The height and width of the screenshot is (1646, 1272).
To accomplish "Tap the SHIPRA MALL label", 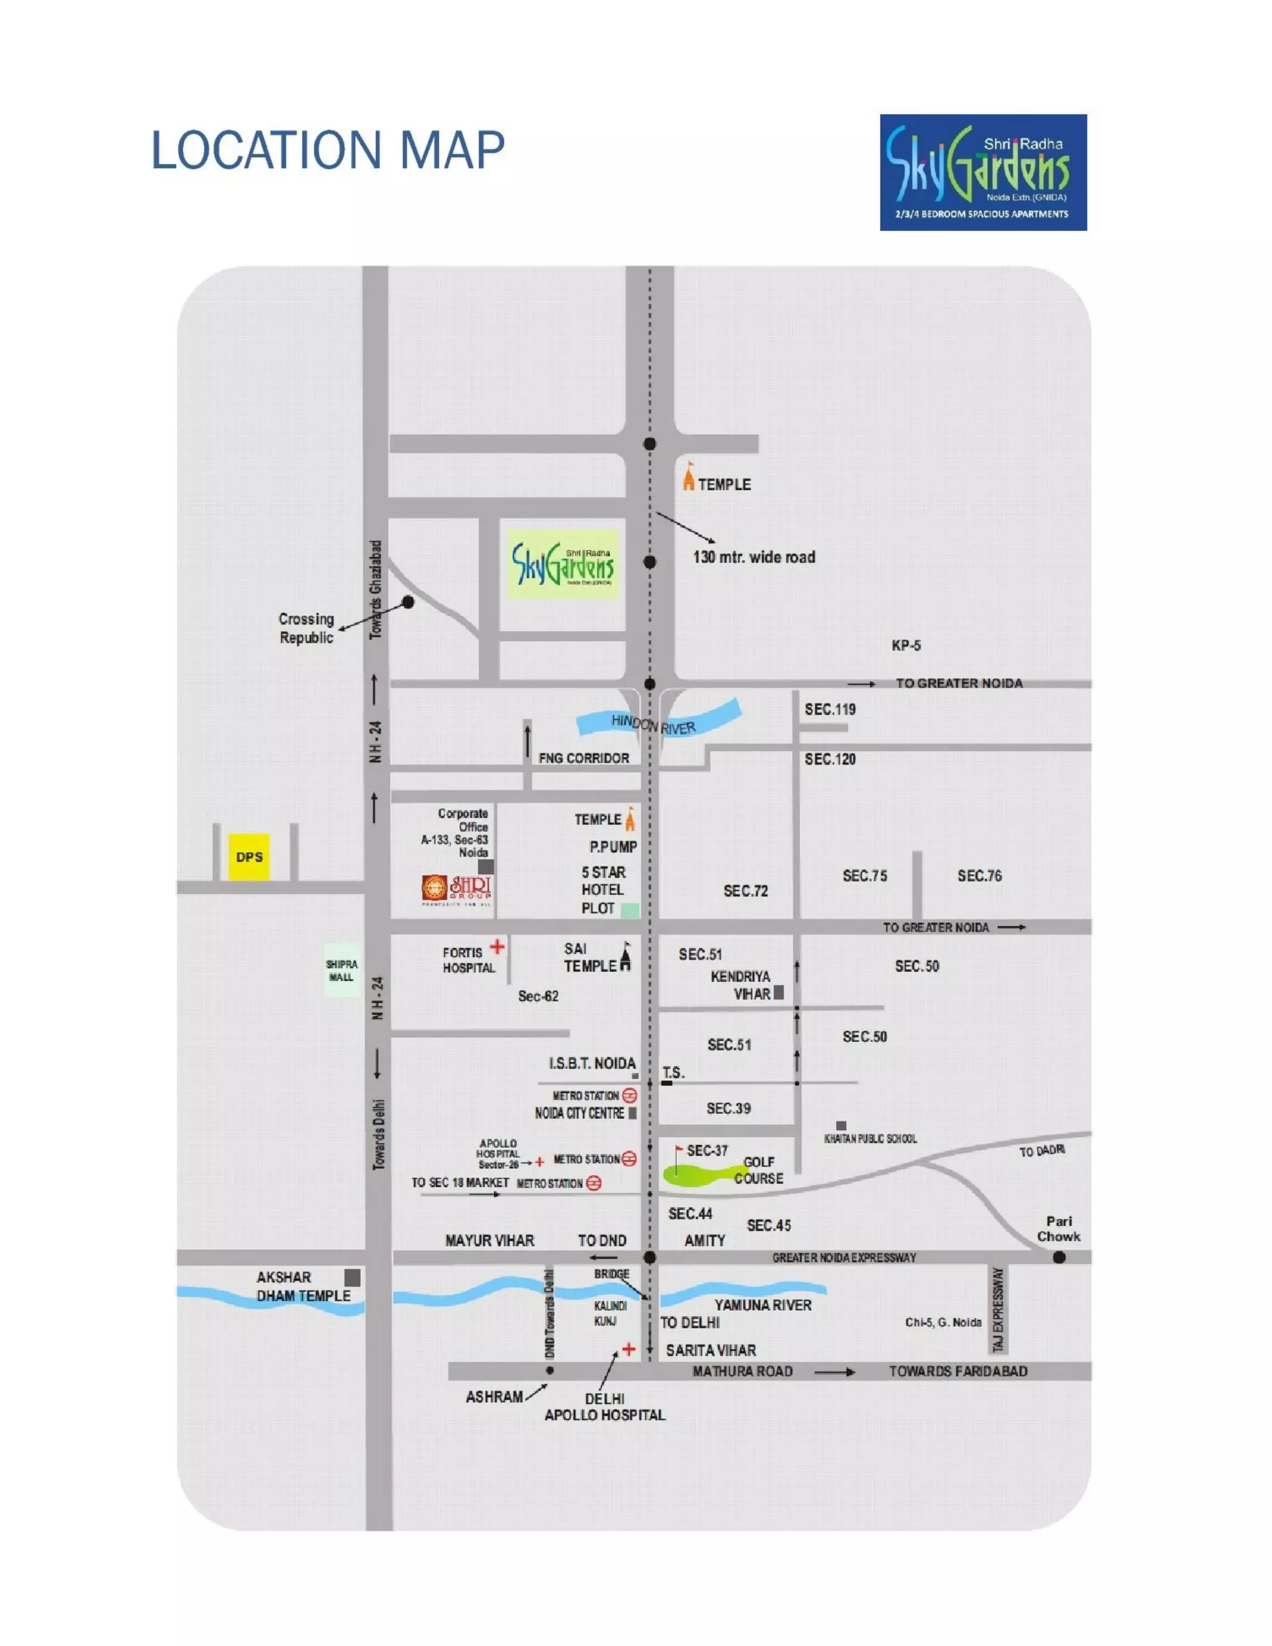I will coord(342,970).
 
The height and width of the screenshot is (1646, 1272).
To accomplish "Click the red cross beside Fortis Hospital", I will coord(497,946).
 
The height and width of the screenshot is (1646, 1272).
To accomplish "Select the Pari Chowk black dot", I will coord(1059,1257).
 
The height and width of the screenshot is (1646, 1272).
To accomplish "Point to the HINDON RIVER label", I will coord(653,724).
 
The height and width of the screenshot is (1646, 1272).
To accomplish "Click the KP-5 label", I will coord(906,645).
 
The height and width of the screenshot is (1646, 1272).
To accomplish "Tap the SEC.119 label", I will coord(830,709).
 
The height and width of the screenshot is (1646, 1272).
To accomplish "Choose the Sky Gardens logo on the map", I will coord(563,564).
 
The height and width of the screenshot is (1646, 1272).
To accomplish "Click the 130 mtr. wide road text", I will coord(753,557).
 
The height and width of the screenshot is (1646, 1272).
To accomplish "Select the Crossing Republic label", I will coord(306,628).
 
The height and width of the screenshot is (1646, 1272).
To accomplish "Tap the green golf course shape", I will coord(701,1174).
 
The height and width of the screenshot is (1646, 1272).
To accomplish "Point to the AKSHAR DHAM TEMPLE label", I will coord(303,1286).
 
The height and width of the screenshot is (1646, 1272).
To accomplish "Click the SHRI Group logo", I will coord(457,890).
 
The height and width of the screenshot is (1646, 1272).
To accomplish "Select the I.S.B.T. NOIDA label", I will coord(593,1063).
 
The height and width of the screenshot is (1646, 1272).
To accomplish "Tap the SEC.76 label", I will coord(979,876).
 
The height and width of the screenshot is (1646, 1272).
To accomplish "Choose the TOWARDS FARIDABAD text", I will coord(958,1371).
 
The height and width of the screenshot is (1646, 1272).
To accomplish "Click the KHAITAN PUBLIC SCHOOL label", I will coord(870,1139).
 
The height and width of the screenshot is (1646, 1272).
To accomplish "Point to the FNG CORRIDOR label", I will coord(583,758).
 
